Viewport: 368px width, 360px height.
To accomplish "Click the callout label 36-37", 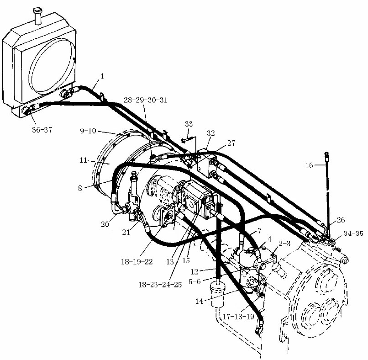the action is [x=42, y=130].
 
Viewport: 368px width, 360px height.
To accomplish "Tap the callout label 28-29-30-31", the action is [x=146, y=100].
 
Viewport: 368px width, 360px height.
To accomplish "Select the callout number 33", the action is [x=189, y=124].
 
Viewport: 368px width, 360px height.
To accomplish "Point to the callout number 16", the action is [x=309, y=165].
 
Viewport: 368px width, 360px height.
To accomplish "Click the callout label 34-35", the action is [x=353, y=233].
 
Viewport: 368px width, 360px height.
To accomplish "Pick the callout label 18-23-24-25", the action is [x=160, y=285].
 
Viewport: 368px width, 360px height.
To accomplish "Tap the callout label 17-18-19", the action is [x=238, y=317].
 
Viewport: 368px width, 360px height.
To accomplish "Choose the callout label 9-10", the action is [x=88, y=131].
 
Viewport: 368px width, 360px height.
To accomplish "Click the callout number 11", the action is [x=83, y=160].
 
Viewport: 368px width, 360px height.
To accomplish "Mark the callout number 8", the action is [x=80, y=188].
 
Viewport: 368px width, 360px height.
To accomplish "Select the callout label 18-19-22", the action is [x=137, y=262].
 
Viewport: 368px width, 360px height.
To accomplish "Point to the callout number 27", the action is [x=231, y=143].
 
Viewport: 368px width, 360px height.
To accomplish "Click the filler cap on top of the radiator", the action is [x=37, y=16].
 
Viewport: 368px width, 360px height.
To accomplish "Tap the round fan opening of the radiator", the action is [x=52, y=66].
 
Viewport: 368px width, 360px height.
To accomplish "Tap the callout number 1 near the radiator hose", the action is [x=102, y=76].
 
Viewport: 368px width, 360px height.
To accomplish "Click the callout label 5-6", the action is [x=195, y=281].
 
